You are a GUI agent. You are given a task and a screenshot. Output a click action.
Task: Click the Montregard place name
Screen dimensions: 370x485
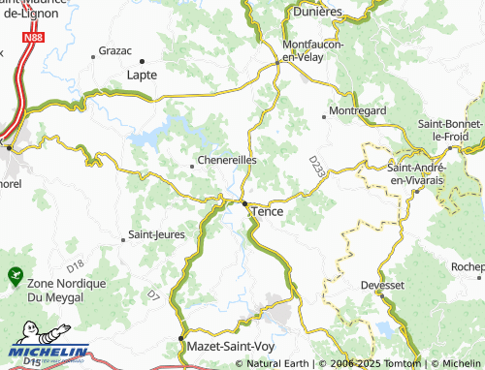tap(358, 111)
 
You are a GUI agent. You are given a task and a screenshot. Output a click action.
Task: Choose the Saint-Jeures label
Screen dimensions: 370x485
tap(156, 234)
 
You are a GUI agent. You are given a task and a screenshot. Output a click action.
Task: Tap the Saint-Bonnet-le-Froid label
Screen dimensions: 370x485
tap(450, 131)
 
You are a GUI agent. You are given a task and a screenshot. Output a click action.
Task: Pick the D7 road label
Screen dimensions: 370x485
tap(153, 292)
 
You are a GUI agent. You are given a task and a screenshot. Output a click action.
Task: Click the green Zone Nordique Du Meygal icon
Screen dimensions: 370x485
tap(14, 276)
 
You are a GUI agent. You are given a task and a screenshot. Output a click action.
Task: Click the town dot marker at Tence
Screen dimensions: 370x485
tap(243, 203)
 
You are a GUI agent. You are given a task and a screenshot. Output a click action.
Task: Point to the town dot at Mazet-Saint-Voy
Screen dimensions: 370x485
tap(180, 339)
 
